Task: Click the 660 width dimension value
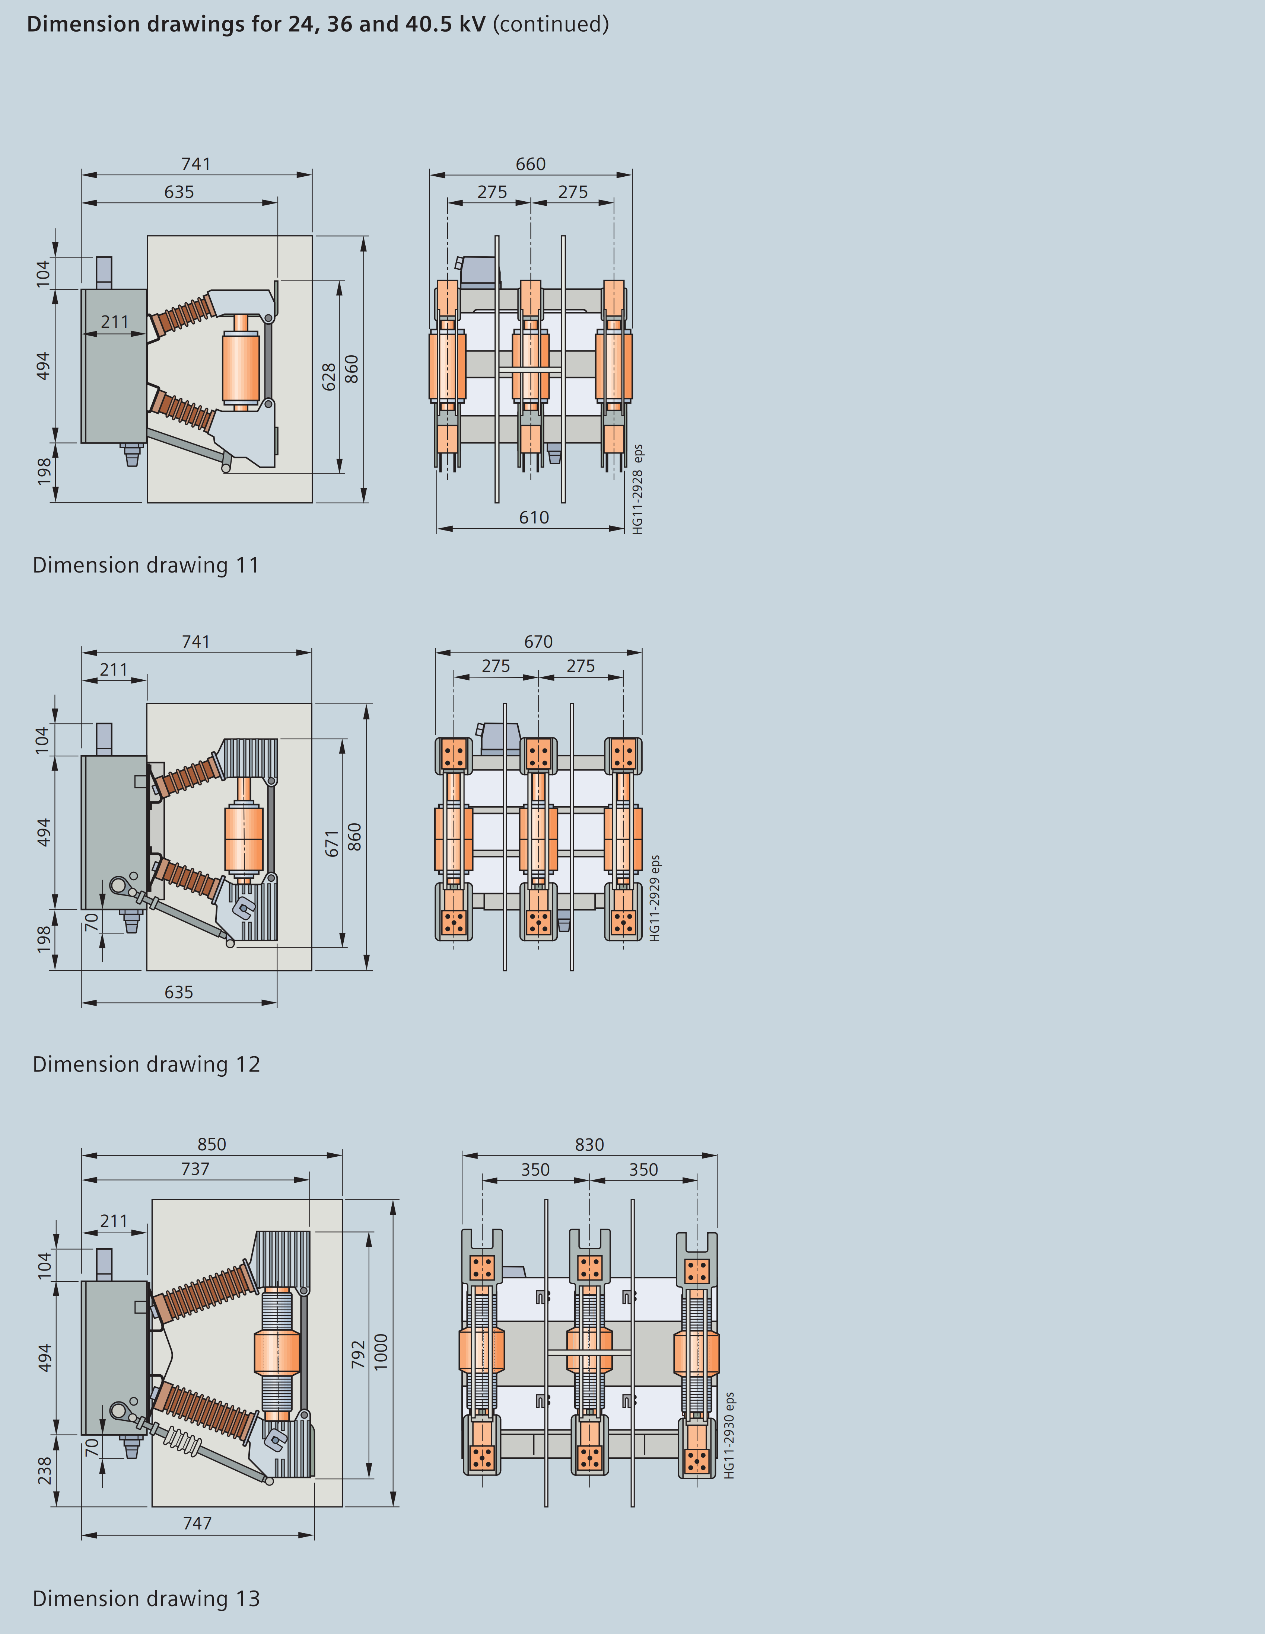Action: [532, 164]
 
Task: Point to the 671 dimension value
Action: [333, 844]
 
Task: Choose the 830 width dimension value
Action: [591, 1146]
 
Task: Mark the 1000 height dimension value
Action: [382, 1353]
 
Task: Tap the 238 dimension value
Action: [46, 1471]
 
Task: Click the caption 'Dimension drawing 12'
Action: [147, 1066]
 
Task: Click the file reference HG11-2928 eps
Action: [639, 490]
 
